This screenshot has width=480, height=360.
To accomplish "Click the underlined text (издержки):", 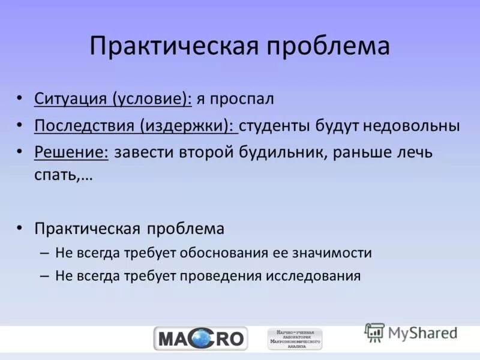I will [189, 126].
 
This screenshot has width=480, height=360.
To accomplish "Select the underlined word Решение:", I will [71, 152].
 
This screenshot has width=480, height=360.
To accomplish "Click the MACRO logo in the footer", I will [200, 339].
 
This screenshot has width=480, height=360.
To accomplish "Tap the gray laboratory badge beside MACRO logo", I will [295, 339].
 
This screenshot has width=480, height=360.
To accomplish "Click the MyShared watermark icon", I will [375, 332].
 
